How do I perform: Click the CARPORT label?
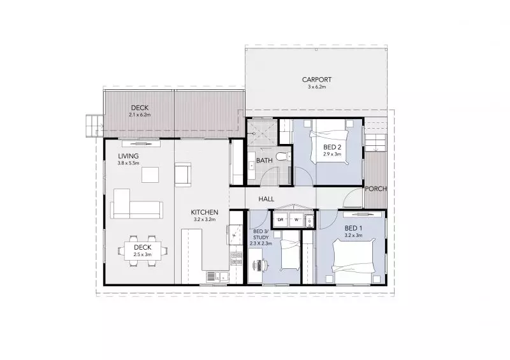click(317, 80)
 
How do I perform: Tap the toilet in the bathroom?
click(287, 157)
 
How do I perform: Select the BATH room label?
click(265, 161)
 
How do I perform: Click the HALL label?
click(266, 199)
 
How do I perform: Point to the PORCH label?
click(374, 189)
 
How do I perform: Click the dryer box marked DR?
click(280, 220)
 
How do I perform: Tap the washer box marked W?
click(296, 220)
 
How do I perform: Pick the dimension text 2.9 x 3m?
click(332, 154)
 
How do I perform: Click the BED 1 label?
click(353, 228)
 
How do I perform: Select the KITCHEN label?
click(205, 212)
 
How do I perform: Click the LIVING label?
click(128, 156)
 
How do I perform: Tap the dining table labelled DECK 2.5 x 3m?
click(143, 250)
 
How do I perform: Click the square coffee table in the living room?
click(151, 175)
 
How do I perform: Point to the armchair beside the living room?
click(182, 175)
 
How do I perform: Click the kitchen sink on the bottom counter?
click(213, 276)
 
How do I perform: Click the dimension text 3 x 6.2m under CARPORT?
click(317, 87)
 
